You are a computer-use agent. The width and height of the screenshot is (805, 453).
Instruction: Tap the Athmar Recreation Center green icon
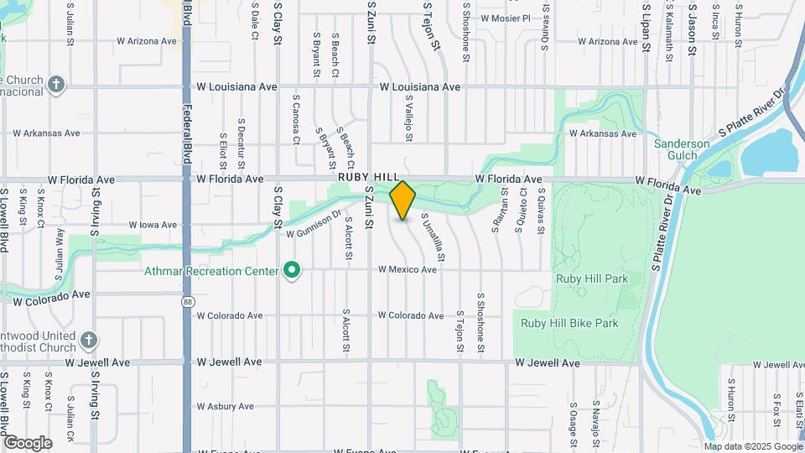click(x=292, y=271)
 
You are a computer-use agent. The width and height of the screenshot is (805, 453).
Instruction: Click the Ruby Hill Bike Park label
click(x=569, y=323)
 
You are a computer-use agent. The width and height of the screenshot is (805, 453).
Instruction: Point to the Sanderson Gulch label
click(x=682, y=149)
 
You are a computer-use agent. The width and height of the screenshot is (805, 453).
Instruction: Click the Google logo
click(x=28, y=442)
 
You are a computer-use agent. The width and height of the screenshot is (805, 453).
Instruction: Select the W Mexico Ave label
click(x=408, y=270)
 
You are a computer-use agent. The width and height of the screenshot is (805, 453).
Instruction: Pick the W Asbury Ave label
click(x=226, y=407)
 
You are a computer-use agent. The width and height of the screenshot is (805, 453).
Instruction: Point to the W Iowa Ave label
click(x=153, y=225)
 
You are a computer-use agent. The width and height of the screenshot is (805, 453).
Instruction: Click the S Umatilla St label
click(x=439, y=238)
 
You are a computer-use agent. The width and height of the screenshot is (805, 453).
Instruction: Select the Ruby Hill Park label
click(x=581, y=278)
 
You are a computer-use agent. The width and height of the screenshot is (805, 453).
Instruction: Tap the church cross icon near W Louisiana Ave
click(x=56, y=85)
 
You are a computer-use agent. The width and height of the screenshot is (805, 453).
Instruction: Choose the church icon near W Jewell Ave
click(x=90, y=340)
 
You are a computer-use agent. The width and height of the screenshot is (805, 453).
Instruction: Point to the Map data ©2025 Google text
click(x=751, y=446)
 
